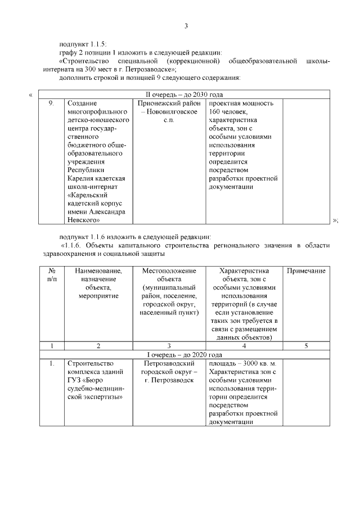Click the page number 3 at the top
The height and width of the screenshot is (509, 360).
186,26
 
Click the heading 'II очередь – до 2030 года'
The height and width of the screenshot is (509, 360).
186,94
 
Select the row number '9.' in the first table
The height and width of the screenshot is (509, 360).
51,103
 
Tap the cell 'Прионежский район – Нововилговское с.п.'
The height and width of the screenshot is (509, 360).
169,112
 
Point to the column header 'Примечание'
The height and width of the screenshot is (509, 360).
306,271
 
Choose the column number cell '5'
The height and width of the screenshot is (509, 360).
306,346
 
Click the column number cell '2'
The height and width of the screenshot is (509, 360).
98,346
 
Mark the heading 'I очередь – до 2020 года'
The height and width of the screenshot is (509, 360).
186,354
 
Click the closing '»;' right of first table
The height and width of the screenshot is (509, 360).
335,220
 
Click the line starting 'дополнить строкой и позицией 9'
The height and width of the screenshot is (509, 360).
150,77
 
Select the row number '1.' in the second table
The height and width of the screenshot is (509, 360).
51,364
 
